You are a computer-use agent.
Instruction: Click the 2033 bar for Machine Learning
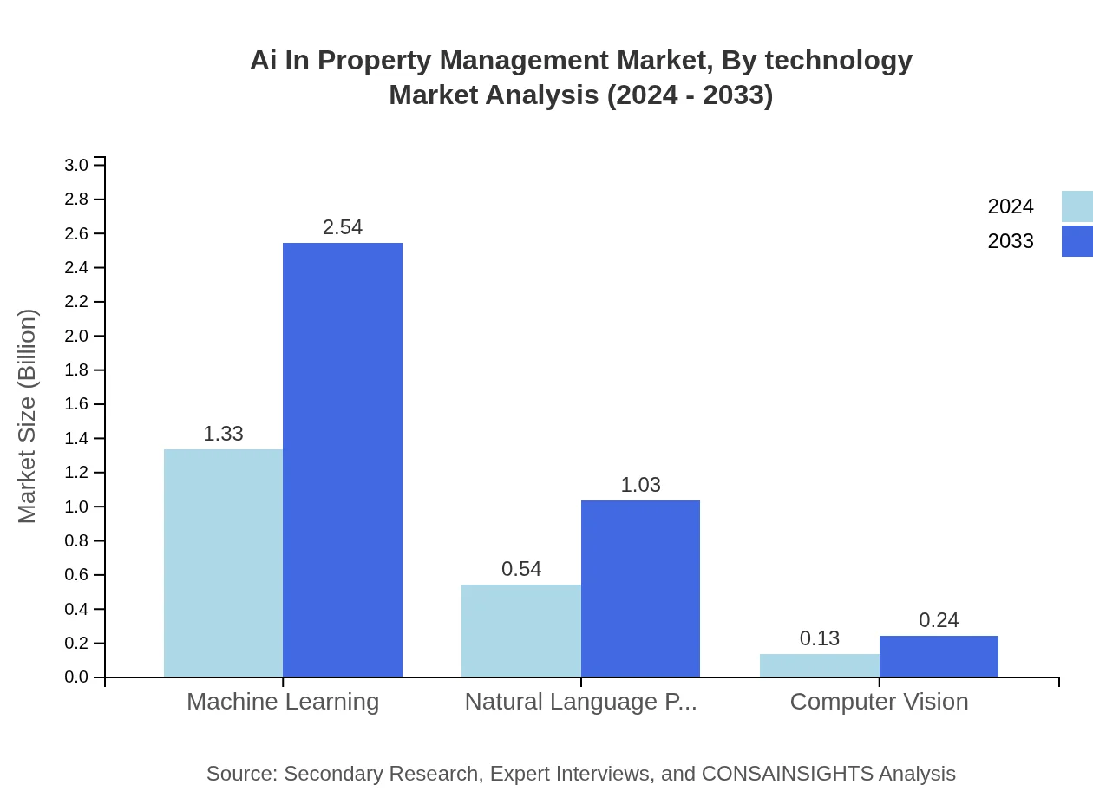(343, 460)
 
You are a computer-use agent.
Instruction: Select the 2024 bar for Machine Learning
(223, 563)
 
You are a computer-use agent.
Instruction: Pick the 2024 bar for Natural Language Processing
(520, 631)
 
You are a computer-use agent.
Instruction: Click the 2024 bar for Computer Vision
(819, 665)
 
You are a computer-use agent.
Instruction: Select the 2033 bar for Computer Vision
(939, 657)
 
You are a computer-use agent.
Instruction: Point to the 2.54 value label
(343, 227)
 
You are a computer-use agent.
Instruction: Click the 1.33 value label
(223, 434)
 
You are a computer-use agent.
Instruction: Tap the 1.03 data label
(640, 485)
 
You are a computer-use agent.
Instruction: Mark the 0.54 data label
(521, 569)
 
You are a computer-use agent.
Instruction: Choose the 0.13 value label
(820, 638)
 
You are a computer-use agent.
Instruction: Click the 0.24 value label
(939, 620)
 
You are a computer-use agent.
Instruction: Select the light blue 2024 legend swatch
(1077, 206)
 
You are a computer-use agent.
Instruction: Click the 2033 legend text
(1011, 241)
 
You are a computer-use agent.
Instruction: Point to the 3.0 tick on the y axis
(77, 165)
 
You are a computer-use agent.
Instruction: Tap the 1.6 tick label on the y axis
(77, 404)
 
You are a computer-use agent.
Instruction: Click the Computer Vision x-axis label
(879, 701)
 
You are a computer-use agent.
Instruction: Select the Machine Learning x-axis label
(283, 701)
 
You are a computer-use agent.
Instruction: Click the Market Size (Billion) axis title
(28, 416)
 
